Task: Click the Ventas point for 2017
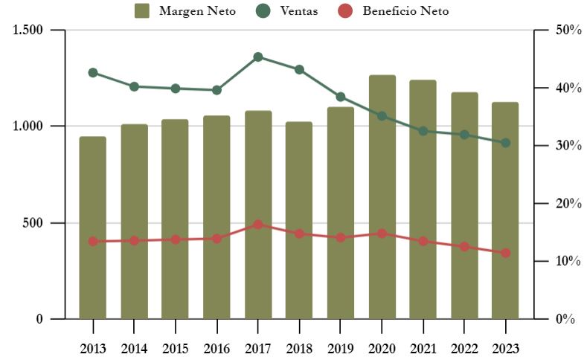(x=258, y=57)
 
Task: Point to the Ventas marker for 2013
(x=93, y=73)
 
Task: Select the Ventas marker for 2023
(x=505, y=143)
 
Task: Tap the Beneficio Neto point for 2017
(x=258, y=224)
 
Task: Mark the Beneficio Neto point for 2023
(x=505, y=253)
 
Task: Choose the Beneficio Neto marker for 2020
(x=382, y=234)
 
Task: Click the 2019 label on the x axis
(x=340, y=348)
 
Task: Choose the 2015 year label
(x=176, y=348)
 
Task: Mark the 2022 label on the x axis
(x=464, y=348)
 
